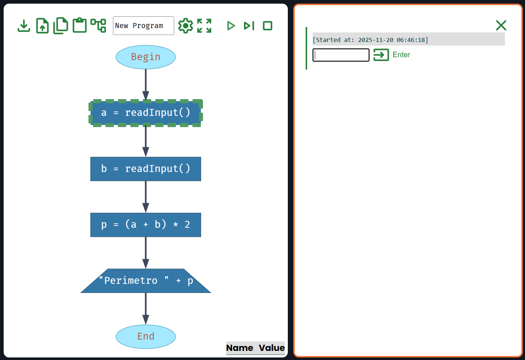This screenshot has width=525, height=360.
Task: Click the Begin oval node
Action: (146, 57)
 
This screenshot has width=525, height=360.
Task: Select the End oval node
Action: (146, 336)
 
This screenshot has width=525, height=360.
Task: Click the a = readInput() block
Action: (146, 113)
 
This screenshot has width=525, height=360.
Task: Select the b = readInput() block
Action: (146, 169)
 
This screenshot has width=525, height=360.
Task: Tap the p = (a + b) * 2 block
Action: (146, 225)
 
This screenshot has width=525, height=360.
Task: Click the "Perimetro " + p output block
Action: (146, 281)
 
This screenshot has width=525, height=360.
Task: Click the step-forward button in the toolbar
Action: (249, 26)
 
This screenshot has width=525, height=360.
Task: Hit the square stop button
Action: (268, 26)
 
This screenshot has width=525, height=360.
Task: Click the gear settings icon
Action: (185, 26)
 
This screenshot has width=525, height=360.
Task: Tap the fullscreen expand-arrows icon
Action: (204, 26)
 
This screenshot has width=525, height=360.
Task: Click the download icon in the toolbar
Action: (24, 26)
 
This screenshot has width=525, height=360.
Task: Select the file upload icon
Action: (43, 26)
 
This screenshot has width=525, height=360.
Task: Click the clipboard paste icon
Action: (79, 26)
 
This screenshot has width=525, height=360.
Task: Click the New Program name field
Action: (143, 26)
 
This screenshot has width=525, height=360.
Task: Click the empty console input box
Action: (341, 55)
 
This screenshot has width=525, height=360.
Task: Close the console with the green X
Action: (501, 26)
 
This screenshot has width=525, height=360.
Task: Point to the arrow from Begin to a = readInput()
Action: (146, 84)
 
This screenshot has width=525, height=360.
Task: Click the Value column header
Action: (272, 348)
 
